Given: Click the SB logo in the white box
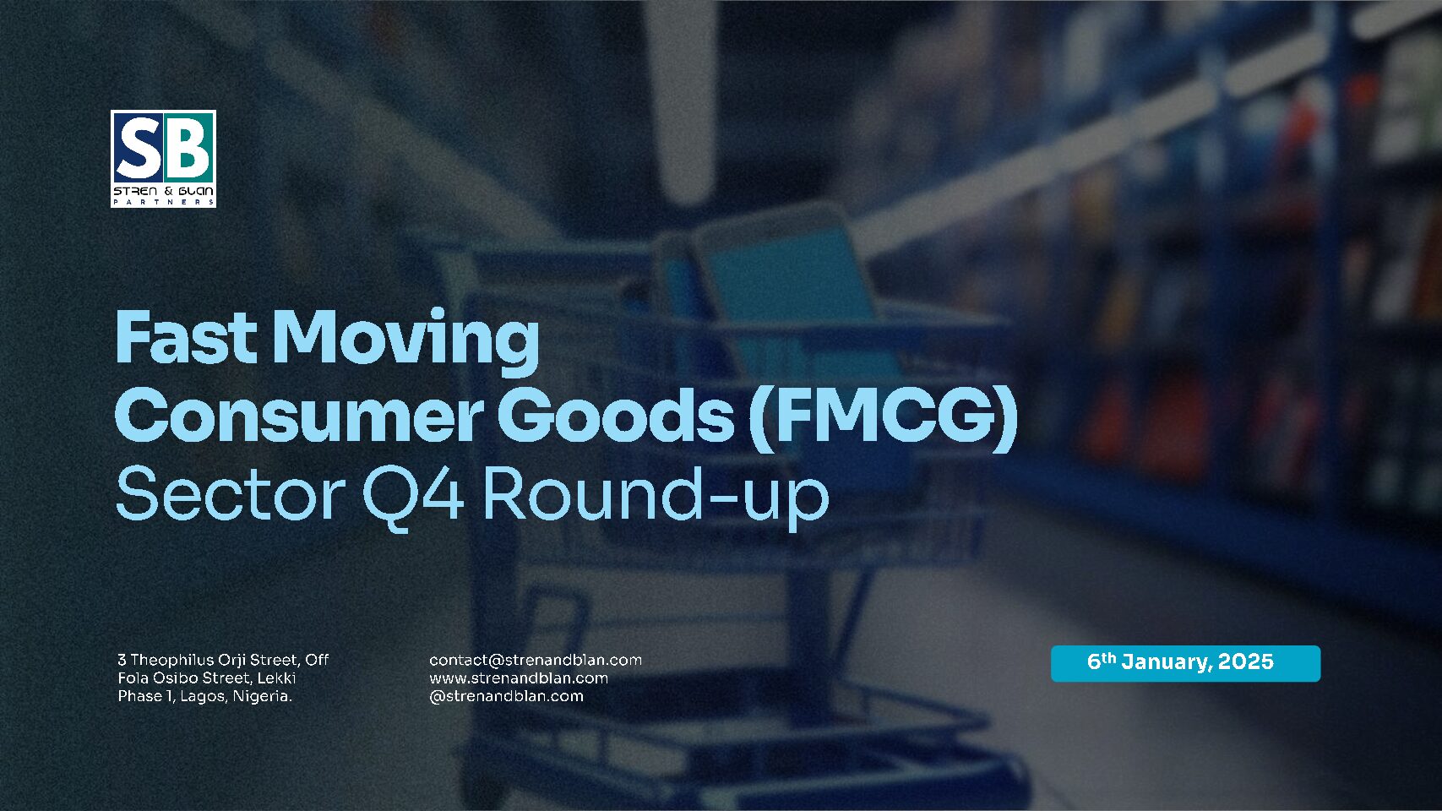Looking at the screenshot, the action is click(164, 159).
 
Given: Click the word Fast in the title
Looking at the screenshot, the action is click(186, 338).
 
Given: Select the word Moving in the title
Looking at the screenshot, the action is click(406, 342).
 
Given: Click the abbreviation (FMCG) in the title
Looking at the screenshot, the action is click(884, 419).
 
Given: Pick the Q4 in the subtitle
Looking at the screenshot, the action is click(412, 497).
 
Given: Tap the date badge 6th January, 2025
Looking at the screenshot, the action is click(1186, 663).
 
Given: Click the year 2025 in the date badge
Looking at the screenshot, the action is click(1246, 661).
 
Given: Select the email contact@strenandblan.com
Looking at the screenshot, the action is click(536, 660).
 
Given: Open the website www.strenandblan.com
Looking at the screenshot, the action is click(519, 678).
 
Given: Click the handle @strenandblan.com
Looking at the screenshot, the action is click(507, 696).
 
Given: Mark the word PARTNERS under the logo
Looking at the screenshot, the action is click(164, 202).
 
